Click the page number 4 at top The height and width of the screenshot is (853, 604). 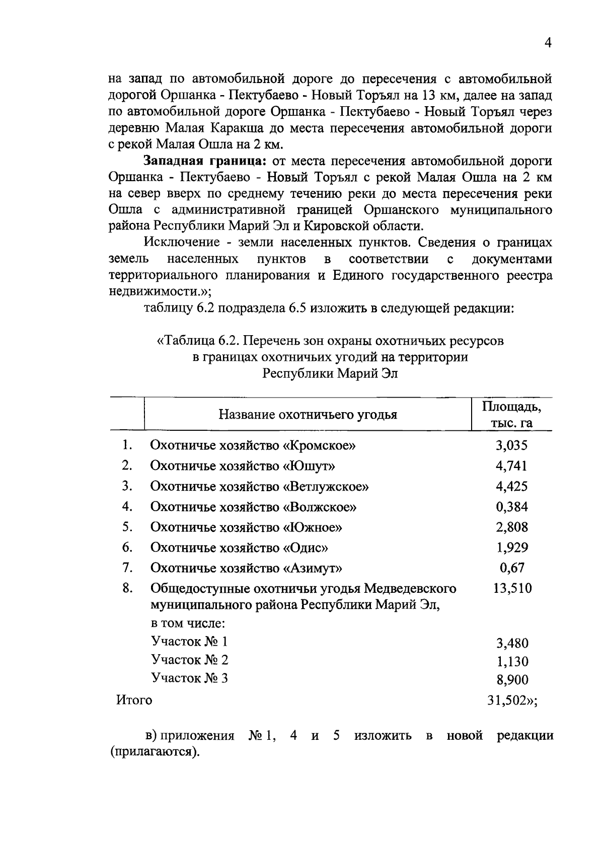pyautogui.click(x=548, y=43)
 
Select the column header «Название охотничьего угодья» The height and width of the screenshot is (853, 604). pyautogui.click(x=308, y=415)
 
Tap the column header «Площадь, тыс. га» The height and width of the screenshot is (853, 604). pyautogui.click(x=511, y=415)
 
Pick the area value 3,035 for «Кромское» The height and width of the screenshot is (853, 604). pyautogui.click(x=511, y=445)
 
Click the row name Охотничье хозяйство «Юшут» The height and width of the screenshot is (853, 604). pyautogui.click(x=243, y=466)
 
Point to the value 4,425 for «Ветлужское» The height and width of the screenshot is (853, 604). pyautogui.click(x=511, y=487)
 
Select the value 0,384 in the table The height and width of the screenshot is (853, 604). pyautogui.click(x=511, y=507)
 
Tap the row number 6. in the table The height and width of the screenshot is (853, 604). pyautogui.click(x=127, y=547)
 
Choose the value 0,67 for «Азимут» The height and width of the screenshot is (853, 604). pyautogui.click(x=511, y=568)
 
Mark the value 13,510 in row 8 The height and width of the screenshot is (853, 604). pyautogui.click(x=511, y=588)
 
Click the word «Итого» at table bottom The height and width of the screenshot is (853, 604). pyautogui.click(x=134, y=700)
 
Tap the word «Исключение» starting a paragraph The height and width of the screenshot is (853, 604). pyautogui.click(x=182, y=243)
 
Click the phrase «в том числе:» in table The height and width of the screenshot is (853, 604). pyautogui.click(x=188, y=624)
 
